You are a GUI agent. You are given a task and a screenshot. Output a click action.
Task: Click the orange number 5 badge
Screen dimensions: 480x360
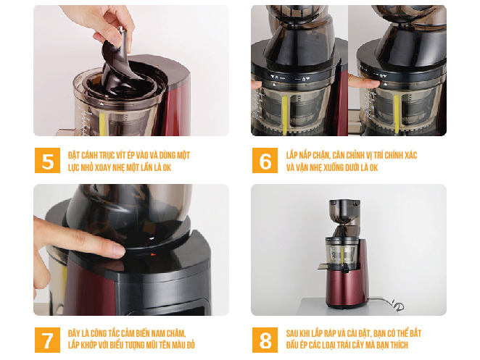[47, 160]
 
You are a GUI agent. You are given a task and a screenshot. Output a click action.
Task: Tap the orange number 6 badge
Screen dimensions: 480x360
[265, 160]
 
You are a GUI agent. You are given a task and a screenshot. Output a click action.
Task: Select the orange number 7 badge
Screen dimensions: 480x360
[47, 340]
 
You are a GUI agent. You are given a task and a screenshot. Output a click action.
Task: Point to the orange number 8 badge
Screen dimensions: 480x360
[265, 340]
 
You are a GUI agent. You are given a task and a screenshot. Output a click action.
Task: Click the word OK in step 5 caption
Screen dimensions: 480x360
[167, 167]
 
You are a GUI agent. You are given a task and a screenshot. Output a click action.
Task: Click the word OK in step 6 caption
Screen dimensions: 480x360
[373, 167]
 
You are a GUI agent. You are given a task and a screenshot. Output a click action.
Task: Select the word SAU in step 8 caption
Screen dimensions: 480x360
[293, 333]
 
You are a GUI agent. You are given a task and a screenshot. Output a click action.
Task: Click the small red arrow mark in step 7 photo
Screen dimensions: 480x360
[153, 254]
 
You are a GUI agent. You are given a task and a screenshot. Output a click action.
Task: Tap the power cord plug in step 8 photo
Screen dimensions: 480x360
[398, 305]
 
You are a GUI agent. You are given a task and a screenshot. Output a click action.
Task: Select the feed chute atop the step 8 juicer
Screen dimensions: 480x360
[344, 212]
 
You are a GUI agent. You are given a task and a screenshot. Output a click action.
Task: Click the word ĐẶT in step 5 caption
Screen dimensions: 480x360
[74, 155]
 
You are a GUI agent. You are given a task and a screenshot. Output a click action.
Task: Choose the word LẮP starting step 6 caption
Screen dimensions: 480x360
[291, 155]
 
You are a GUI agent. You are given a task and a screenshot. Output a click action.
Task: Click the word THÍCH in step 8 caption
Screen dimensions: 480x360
[398, 346]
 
